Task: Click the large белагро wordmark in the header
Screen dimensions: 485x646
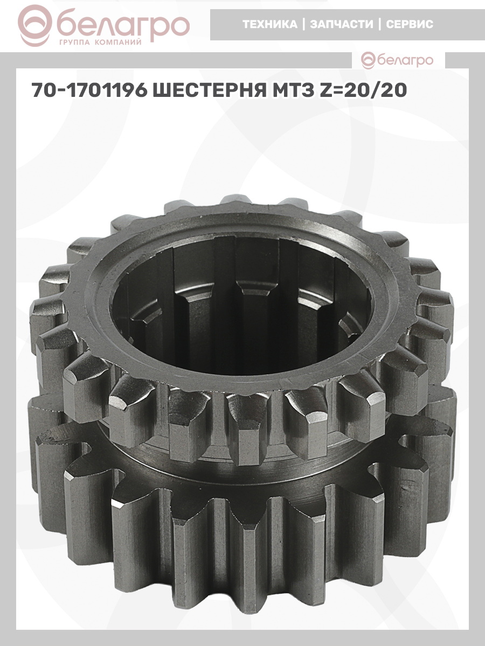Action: click(123, 25)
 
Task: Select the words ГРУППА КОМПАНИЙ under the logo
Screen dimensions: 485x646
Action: click(100, 43)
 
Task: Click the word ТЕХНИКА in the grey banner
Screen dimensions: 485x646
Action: click(270, 24)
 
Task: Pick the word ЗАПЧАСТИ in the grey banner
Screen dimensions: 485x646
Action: click(342, 24)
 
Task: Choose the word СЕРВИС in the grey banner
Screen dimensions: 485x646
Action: click(410, 24)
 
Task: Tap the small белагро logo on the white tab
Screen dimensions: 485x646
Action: click(397, 61)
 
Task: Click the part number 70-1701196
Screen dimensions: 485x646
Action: click(89, 90)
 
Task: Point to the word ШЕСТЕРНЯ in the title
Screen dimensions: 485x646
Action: click(209, 90)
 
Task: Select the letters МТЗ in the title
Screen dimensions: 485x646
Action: click(292, 90)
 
